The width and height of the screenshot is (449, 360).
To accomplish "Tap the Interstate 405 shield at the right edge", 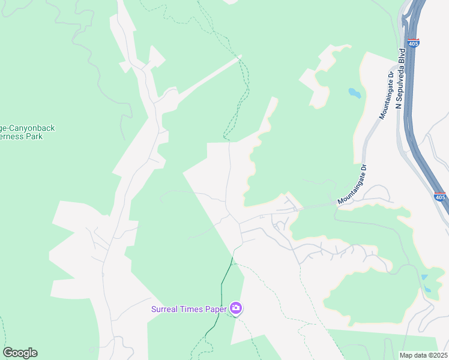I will pyautogui.click(x=440, y=196).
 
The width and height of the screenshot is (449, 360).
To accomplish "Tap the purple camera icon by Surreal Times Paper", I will pyautogui.click(x=237, y=308).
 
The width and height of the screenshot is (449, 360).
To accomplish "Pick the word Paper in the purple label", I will pyautogui.click(x=216, y=309).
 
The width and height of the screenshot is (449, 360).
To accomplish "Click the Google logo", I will pyautogui.click(x=20, y=353).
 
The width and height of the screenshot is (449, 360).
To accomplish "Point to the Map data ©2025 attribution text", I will pyautogui.click(x=424, y=355).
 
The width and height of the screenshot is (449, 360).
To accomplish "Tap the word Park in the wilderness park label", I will pyautogui.click(x=33, y=136).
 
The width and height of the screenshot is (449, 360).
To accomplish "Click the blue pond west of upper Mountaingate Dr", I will pyautogui.click(x=355, y=94).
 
